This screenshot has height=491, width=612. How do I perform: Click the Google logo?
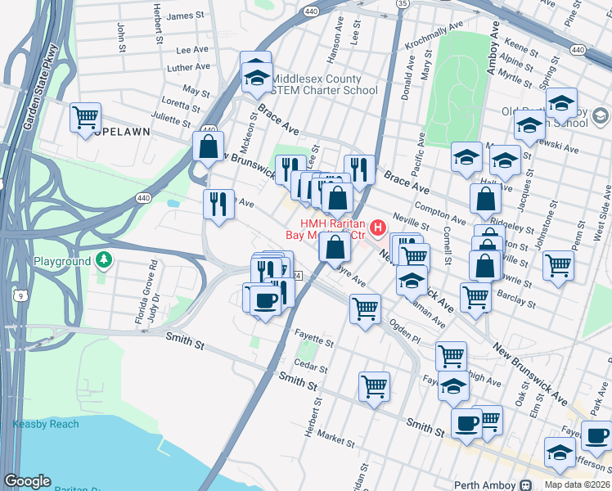coord(27,481)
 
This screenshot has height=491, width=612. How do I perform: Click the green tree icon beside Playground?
coord(103,261)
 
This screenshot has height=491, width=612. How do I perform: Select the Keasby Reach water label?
coord(46,424)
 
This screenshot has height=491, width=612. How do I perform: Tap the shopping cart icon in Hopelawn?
coord(85,118)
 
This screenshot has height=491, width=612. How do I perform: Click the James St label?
coord(185,16)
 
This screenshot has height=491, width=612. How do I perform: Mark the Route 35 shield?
coord(402,4)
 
